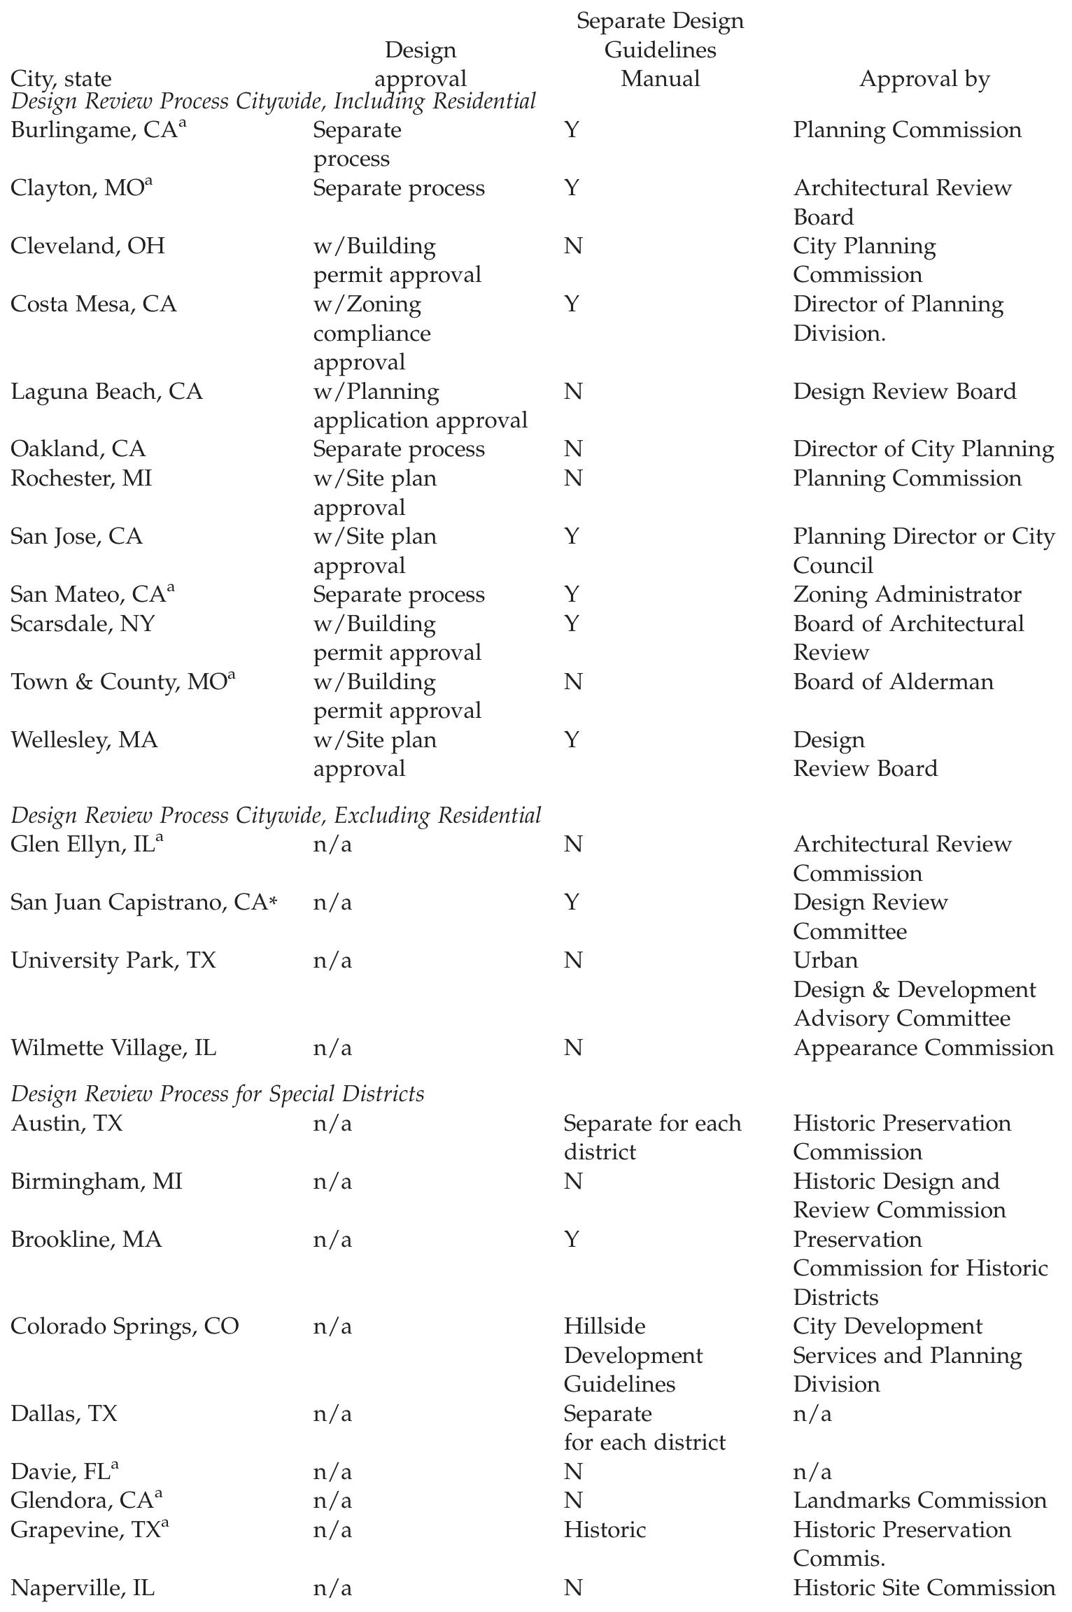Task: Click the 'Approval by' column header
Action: coord(924,79)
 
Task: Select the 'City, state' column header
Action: coord(61,79)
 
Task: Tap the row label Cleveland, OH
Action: coord(87,246)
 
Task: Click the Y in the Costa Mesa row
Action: coord(572,304)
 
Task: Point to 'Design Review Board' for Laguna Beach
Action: coord(904,391)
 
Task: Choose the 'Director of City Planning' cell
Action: coord(923,449)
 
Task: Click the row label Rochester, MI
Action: coord(81,479)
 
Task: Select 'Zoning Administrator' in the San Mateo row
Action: coord(907,595)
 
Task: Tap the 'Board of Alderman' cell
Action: coord(893,682)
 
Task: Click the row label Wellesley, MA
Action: coord(84,740)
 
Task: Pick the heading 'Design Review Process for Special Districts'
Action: coord(218,1094)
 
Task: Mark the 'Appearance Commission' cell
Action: coord(923,1048)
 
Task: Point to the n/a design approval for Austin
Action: coord(332,1124)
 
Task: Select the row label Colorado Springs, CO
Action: coord(125,1327)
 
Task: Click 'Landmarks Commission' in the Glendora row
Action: coord(919,1501)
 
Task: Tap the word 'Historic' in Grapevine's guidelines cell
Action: coord(605,1530)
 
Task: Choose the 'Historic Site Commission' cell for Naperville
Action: coord(924,1588)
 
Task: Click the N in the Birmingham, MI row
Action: coord(572,1182)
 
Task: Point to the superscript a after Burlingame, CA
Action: coord(183,125)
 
